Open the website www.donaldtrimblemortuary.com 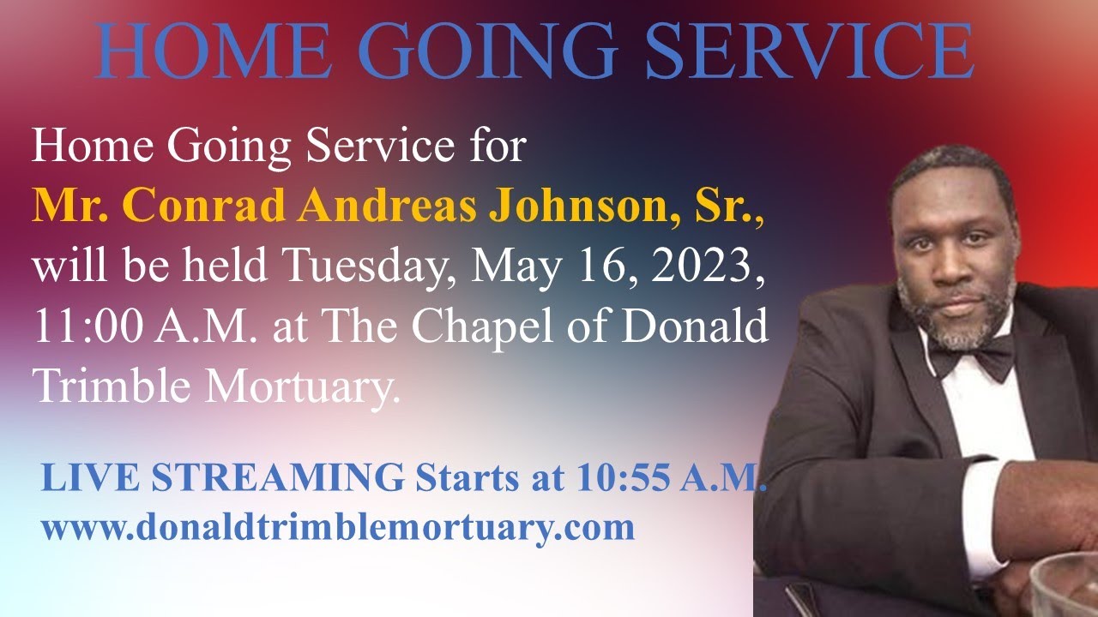pos(338,527)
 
